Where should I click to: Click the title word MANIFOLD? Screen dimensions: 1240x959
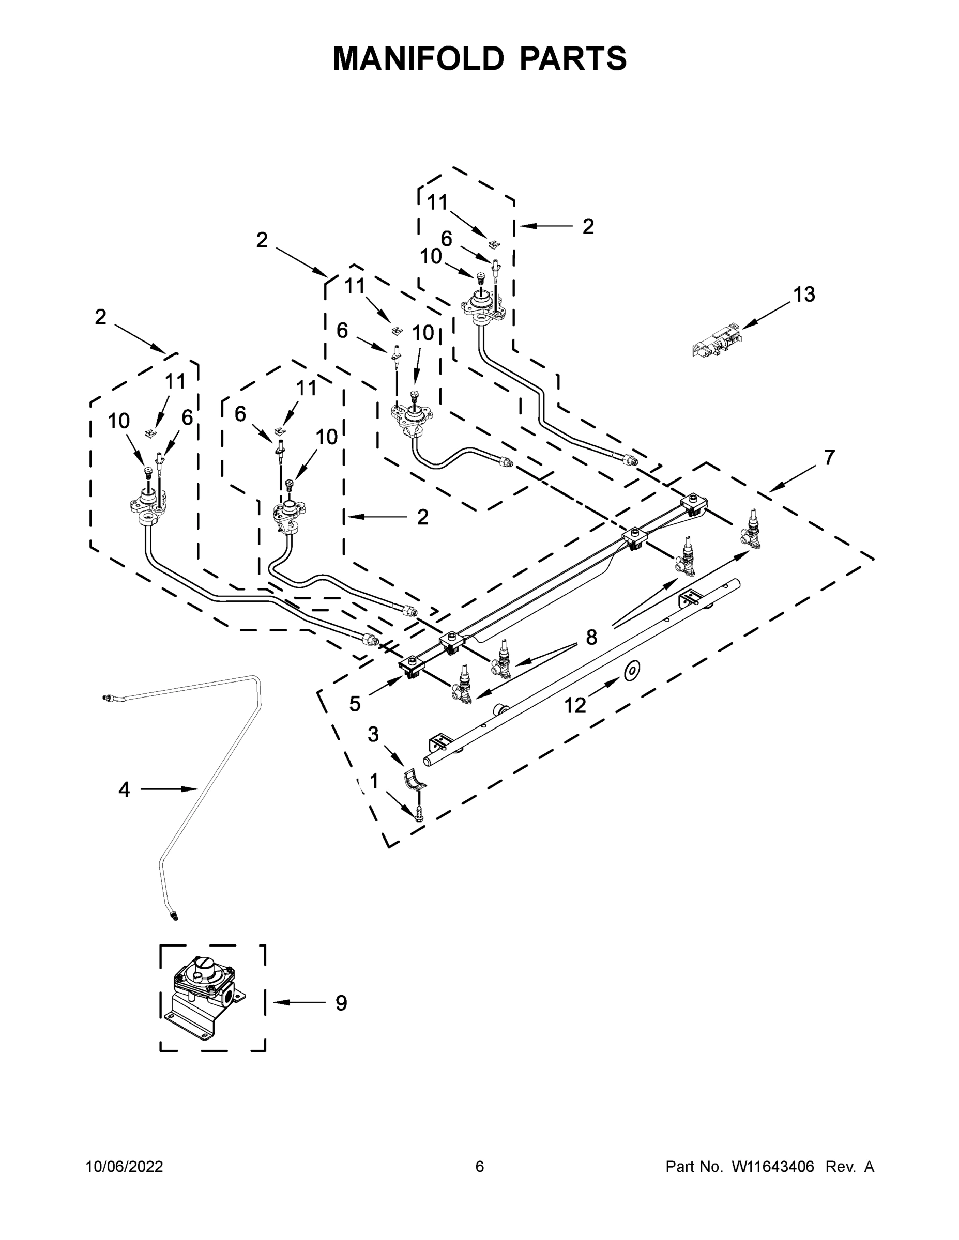pos(418,58)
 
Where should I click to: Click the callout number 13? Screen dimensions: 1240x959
pos(803,295)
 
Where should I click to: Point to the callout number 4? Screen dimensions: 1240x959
pos(124,789)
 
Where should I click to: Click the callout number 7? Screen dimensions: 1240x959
pos(829,457)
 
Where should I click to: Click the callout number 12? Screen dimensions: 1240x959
pos(574,706)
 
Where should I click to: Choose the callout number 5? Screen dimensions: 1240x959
pos(355,704)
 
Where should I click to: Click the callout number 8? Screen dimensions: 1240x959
pos(591,638)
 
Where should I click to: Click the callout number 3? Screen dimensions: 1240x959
pos(373,735)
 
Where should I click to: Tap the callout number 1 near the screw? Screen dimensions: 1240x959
pos(373,782)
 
